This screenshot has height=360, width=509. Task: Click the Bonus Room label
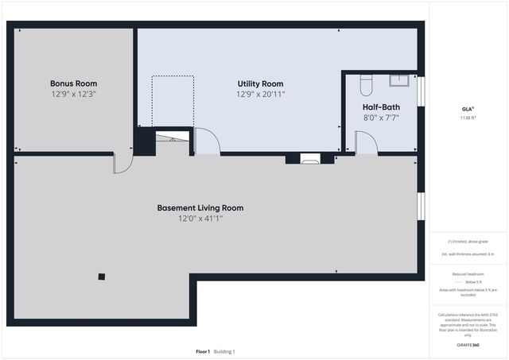73,83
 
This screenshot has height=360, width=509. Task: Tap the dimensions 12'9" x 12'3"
73,94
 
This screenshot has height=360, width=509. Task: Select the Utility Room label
260,83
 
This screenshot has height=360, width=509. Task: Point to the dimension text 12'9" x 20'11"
260,94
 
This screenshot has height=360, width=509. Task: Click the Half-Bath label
381,107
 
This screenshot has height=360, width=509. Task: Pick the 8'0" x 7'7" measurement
381,118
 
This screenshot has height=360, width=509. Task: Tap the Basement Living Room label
200,208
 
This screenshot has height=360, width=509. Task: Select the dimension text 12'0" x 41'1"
200,219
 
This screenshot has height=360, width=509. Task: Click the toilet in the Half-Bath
367,83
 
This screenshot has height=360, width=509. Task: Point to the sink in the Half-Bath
398,79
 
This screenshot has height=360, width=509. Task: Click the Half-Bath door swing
366,143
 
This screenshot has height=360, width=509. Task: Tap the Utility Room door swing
207,141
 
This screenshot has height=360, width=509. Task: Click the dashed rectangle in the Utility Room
173,101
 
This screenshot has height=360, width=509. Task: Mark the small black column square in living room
101,277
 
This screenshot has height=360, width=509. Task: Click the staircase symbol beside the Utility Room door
173,138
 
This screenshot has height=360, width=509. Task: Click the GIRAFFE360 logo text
467,346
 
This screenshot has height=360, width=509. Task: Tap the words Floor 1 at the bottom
203,351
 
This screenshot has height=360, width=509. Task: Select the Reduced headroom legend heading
467,273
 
